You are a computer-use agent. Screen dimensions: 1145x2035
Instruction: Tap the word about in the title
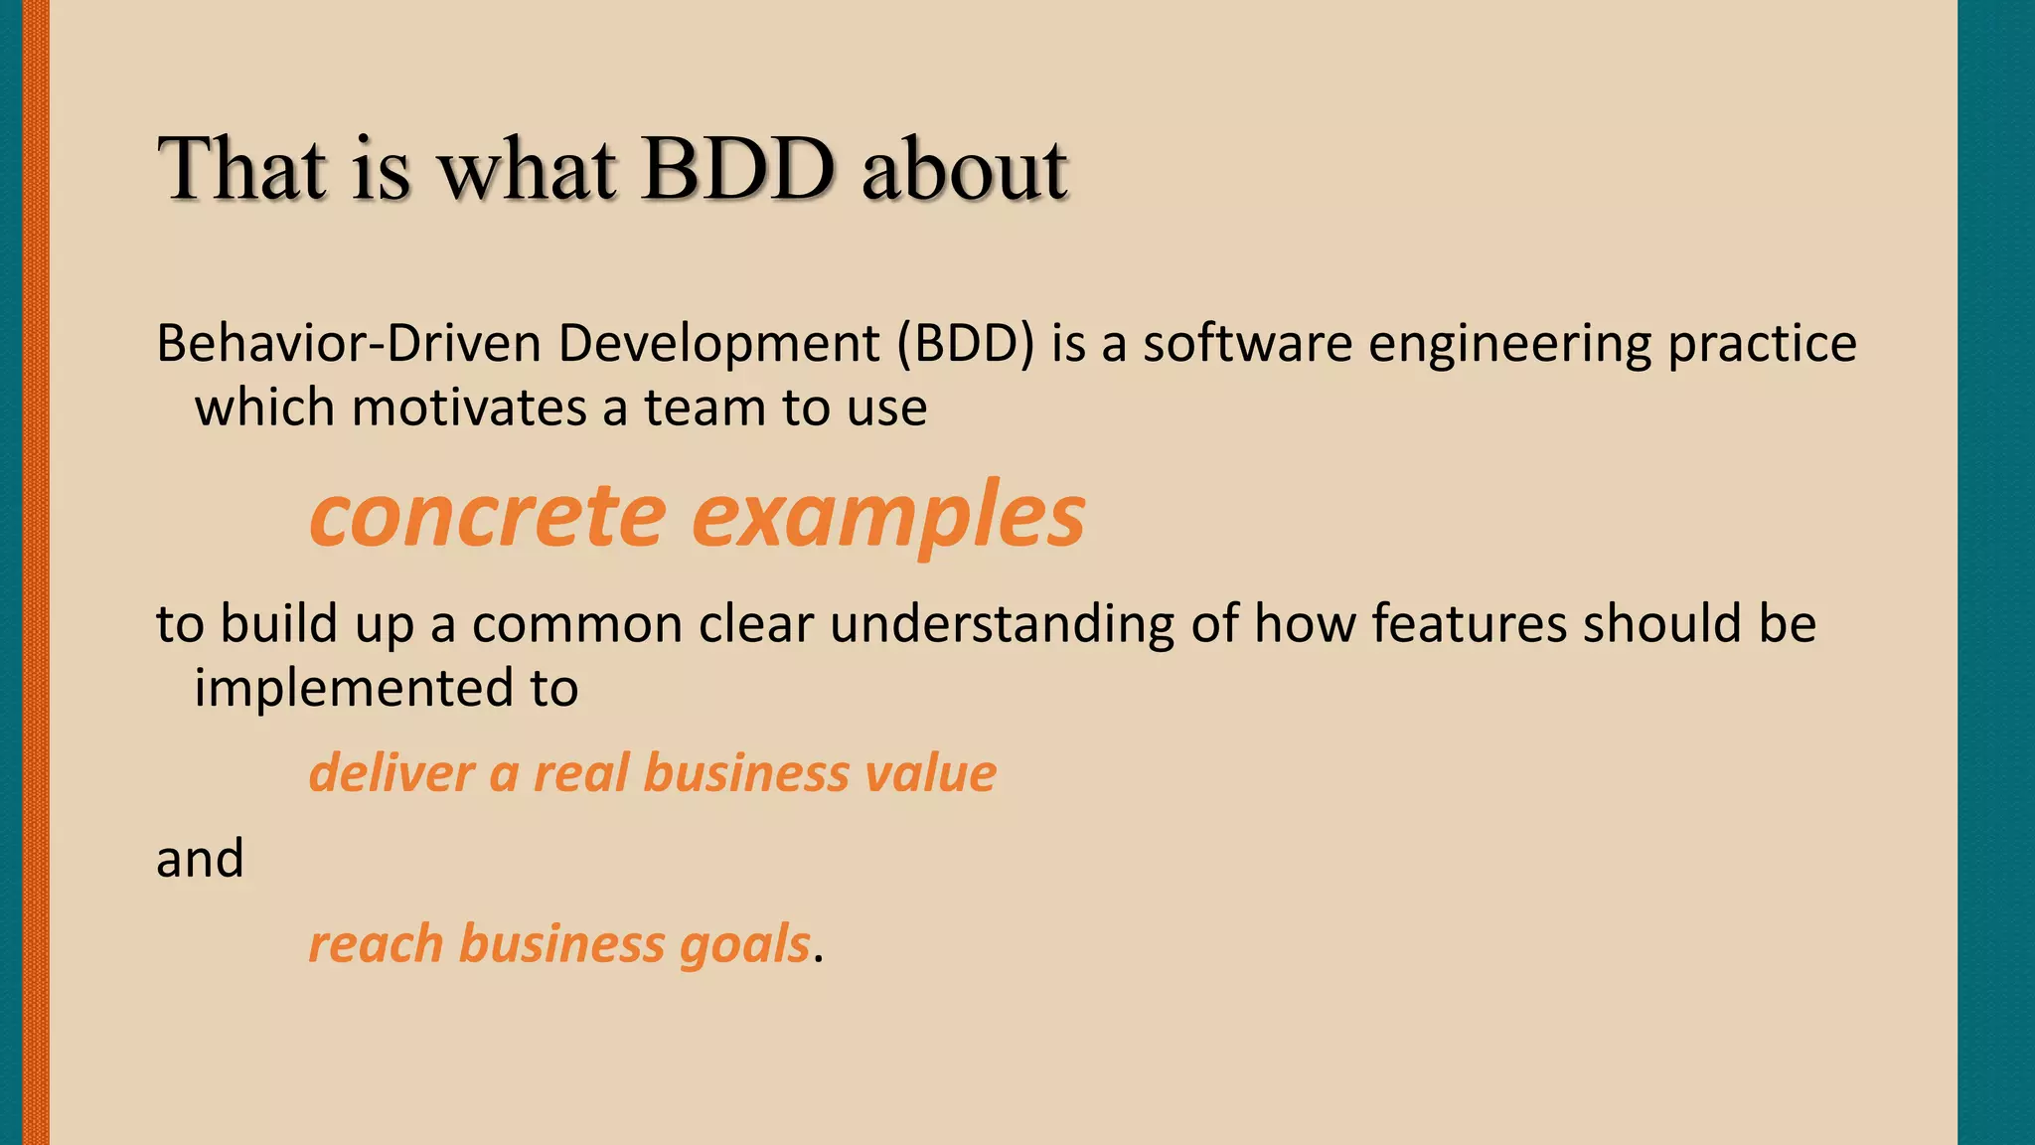coord(964,169)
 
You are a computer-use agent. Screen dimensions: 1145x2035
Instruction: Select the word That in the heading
coord(242,169)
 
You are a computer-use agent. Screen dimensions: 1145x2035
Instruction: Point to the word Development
coord(718,344)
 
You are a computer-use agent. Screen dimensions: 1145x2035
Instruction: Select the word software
coord(1247,344)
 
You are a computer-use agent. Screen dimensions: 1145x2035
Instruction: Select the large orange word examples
coord(887,517)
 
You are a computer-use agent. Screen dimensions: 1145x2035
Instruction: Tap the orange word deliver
coord(391,773)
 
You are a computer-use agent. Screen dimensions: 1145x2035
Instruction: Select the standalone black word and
coord(200,858)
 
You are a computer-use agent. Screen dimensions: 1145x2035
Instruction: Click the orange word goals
coord(744,945)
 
